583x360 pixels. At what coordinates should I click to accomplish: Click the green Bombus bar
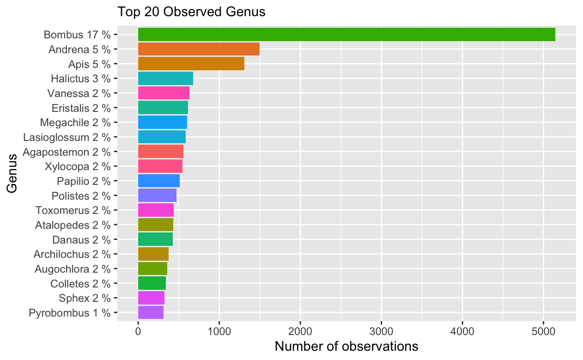pos(346,34)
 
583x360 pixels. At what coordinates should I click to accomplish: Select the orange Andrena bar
pos(199,49)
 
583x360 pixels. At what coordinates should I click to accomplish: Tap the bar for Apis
pos(191,64)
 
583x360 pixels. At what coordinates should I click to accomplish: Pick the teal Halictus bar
pos(165,79)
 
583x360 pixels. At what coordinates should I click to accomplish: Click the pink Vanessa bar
pos(164,93)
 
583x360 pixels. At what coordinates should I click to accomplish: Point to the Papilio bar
pos(158,181)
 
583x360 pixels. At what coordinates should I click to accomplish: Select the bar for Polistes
pos(157,195)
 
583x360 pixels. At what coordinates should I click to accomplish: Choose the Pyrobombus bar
pos(151,312)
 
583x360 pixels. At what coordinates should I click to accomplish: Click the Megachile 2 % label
pos(75,122)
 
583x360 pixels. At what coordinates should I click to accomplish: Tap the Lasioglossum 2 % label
pos(67,137)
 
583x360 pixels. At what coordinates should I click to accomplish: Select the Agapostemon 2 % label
pos(67,152)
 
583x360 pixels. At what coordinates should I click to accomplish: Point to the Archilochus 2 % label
pos(72,254)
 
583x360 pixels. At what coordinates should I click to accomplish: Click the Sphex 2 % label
pos(85,298)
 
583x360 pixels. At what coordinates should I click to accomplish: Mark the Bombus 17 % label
pos(77,35)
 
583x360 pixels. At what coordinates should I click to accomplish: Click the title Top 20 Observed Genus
pos(191,12)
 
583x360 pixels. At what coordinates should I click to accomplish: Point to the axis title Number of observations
pos(346,346)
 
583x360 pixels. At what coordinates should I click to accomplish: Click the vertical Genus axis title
pos(12,173)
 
